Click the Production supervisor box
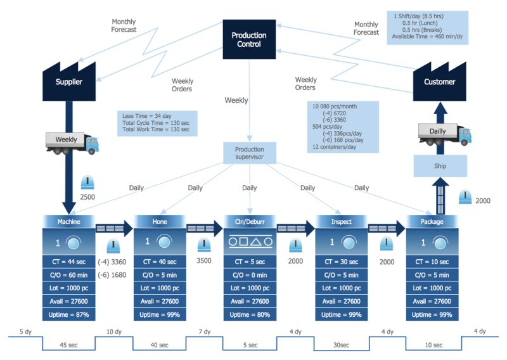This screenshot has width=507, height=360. pyautogui.click(x=249, y=153)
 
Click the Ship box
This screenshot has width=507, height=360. pyautogui.click(x=440, y=166)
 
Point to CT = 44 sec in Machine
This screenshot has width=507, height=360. pyautogui.click(x=68, y=262)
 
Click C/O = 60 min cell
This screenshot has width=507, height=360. pyautogui.click(x=68, y=275)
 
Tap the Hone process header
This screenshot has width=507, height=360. pyautogui.click(x=160, y=221)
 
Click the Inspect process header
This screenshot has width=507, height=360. pyautogui.click(x=341, y=221)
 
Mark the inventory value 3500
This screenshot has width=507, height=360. pyautogui.click(x=203, y=260)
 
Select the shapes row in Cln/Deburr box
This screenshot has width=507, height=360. pyautogui.click(x=249, y=241)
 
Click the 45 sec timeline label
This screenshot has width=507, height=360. pyautogui.click(x=68, y=345)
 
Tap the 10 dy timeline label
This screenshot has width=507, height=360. pyautogui.click(x=115, y=331)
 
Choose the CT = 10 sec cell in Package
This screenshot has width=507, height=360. pyautogui.click(x=432, y=262)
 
